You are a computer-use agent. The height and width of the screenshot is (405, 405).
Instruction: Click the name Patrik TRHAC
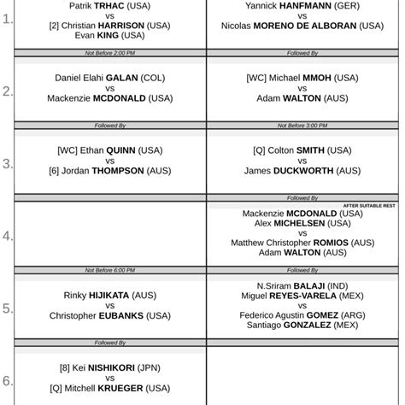click(x=109, y=5)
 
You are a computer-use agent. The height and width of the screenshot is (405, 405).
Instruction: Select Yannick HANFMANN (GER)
click(x=302, y=5)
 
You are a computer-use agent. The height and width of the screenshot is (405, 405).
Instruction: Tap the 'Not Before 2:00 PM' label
click(x=109, y=53)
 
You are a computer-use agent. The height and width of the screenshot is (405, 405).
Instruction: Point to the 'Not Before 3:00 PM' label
click(x=302, y=126)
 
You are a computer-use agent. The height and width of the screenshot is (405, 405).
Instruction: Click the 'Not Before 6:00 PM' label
click(x=109, y=270)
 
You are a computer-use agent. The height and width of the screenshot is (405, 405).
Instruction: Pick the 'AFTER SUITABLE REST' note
click(x=369, y=205)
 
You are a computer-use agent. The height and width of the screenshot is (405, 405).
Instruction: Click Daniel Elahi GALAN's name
click(x=109, y=78)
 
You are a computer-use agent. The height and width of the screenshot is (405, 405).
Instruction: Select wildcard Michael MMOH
click(x=302, y=78)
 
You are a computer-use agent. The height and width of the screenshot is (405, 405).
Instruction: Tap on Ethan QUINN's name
click(x=109, y=150)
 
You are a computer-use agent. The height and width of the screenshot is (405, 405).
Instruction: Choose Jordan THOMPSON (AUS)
click(x=109, y=170)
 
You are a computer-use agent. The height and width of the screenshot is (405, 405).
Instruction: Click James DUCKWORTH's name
click(x=302, y=170)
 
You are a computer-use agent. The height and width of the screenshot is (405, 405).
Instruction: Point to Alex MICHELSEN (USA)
click(x=302, y=223)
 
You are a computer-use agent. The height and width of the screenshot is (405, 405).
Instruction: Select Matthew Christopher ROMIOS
click(x=302, y=243)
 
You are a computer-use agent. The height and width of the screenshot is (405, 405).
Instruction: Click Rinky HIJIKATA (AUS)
click(x=109, y=295)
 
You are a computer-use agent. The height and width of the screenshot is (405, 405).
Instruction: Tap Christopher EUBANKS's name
click(x=109, y=315)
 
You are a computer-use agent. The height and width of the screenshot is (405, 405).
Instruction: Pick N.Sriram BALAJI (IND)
click(x=302, y=285)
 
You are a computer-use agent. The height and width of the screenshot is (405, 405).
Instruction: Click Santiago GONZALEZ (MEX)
click(x=302, y=325)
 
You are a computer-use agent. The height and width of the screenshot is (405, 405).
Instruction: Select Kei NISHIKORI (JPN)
click(x=109, y=367)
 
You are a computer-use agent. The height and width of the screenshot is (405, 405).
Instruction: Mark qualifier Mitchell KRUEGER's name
click(x=109, y=387)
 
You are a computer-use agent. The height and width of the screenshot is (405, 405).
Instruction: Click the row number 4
click(x=8, y=235)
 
